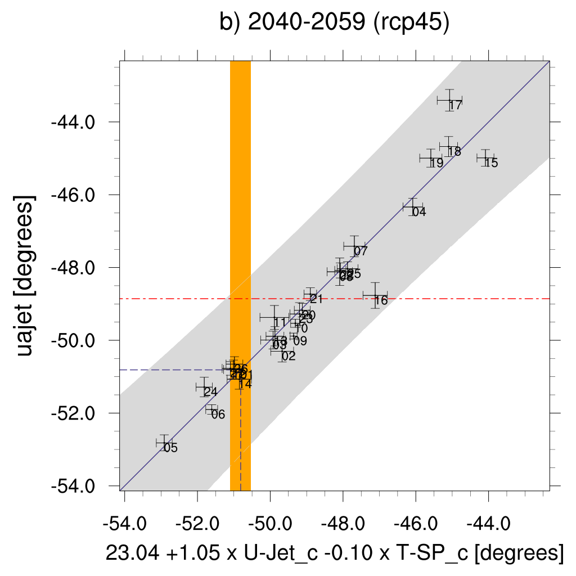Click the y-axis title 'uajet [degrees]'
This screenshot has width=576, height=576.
click(x=26, y=276)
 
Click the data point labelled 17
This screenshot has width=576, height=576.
click(x=449, y=100)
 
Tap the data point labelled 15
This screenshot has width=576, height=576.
click(x=485, y=158)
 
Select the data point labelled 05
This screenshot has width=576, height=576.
click(x=164, y=443)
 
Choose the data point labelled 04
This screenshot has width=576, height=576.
click(x=412, y=207)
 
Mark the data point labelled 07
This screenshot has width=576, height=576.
click(x=354, y=246)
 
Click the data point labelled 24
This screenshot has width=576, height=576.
click(x=203, y=387)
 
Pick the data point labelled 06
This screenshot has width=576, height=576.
click(x=211, y=409)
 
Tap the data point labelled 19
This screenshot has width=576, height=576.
click(x=431, y=158)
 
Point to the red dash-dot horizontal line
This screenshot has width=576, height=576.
click(x=450, y=299)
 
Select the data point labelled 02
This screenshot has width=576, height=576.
click(x=282, y=351)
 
